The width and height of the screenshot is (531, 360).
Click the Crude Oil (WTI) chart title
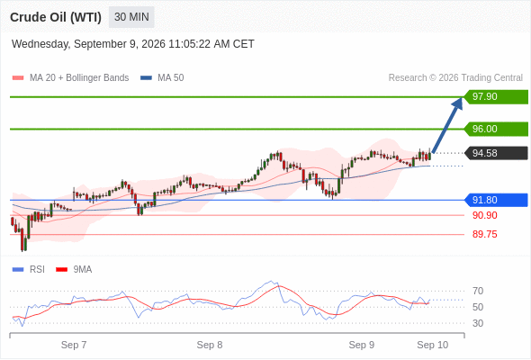pyautogui.click(x=56, y=17)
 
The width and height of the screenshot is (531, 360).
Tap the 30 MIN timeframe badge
pyautogui.click(x=131, y=17)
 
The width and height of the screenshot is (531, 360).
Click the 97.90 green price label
pyautogui.click(x=496, y=96)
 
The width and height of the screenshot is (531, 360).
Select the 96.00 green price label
pyautogui.click(x=496, y=129)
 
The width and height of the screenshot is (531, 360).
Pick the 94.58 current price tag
pyautogui.click(x=496, y=153)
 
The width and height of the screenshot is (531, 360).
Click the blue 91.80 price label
pyautogui.click(x=496, y=200)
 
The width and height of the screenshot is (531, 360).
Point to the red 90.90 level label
pyautogui.click(x=484, y=215)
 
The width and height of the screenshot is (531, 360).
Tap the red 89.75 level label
pyautogui.click(x=484, y=234)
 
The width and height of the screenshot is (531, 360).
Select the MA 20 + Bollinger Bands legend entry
pyautogui.click(x=70, y=78)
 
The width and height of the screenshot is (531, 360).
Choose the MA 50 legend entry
pyautogui.click(x=162, y=78)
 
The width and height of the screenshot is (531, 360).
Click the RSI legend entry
pyautogui.click(x=29, y=270)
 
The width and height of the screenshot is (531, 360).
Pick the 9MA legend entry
pyautogui.click(x=74, y=270)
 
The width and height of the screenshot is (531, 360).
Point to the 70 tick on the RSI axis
pyautogui.click(x=478, y=291)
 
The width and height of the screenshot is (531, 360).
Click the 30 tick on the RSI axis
pyautogui.click(x=478, y=323)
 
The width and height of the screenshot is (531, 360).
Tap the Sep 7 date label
pyautogui.click(x=74, y=345)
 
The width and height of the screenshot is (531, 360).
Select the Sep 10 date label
pyautogui.click(x=433, y=345)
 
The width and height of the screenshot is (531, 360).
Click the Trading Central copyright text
pyautogui.click(x=455, y=78)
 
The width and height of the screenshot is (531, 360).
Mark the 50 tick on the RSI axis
pyautogui.click(x=478, y=307)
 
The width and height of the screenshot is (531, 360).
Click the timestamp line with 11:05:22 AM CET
pyautogui.click(x=133, y=44)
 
